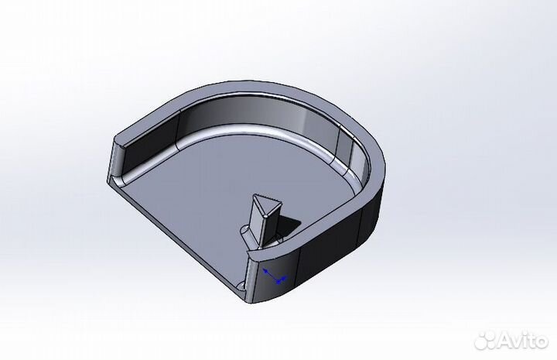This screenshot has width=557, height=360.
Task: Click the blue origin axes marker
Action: click(272, 276)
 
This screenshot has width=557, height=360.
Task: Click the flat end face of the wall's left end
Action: click(114, 160)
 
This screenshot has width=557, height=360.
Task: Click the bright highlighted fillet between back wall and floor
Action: click(248, 129)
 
